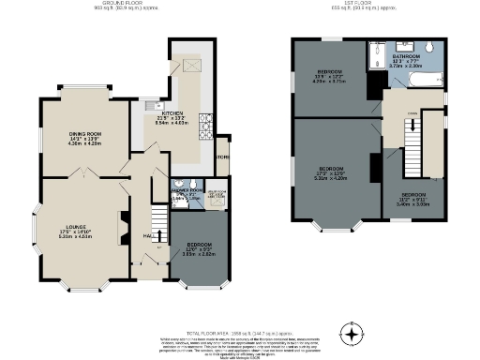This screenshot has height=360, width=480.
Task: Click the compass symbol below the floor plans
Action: [352, 334]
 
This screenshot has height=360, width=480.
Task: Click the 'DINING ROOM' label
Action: [84, 135]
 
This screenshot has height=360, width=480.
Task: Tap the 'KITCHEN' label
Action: [172, 114]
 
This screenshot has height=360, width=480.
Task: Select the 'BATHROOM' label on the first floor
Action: [407, 57]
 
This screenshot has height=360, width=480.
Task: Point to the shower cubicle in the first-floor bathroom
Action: [376, 52]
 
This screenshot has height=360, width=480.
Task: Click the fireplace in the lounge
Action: [121, 227]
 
